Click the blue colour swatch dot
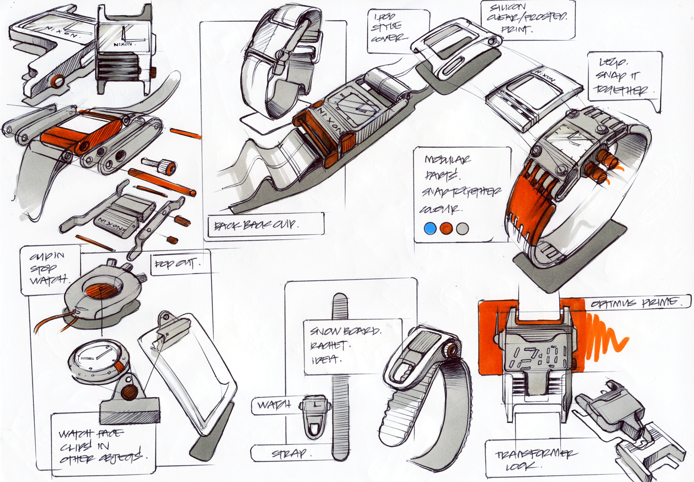pyautogui.click(x=430, y=228)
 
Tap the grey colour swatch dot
pyautogui.click(x=462, y=228)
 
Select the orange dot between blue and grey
pyautogui.click(x=446, y=228)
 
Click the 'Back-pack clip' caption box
pyautogui.click(x=265, y=225)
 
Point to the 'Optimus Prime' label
pyautogui.click(x=636, y=303)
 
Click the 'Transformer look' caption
pyautogui.click(x=534, y=459)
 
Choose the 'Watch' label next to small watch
pyautogui.click(x=274, y=405)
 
